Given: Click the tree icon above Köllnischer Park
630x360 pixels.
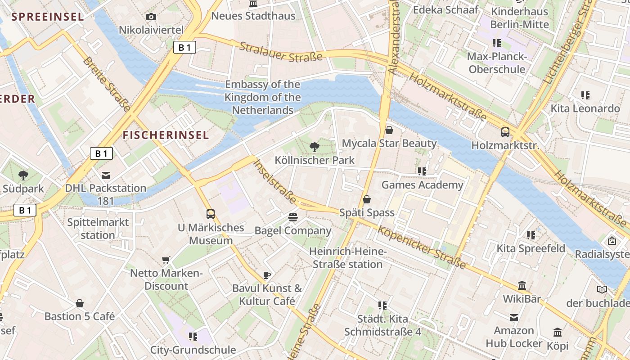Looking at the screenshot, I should point(314,146).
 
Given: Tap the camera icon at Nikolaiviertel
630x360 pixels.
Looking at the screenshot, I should point(151,17).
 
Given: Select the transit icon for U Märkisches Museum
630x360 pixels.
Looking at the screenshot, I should point(210,214).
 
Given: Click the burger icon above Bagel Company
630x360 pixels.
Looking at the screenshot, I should point(293,218).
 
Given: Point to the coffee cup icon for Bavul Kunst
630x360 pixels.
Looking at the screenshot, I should point(267,275).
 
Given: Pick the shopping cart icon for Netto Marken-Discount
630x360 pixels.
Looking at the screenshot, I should point(166,260).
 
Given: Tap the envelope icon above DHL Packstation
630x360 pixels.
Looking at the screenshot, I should point(106,175).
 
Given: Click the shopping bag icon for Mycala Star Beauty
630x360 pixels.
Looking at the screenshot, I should point(389,130).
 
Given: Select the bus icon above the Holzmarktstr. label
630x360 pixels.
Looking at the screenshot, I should point(505,132).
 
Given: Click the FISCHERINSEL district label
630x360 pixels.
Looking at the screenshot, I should point(166,135).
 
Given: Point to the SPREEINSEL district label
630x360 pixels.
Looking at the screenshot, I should point(48,17).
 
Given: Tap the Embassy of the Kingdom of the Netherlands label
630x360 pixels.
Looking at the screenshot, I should point(262,97).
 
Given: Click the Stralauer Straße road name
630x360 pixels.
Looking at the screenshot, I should point(281,52).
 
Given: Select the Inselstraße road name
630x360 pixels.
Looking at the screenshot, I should point(275,181).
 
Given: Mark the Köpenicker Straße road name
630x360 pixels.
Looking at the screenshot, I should point(421,247).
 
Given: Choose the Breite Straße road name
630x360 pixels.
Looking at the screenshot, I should point(107,84).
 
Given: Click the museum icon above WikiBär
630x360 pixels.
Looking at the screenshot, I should point(522,286).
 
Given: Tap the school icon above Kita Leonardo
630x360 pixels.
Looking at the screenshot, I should point(585,95).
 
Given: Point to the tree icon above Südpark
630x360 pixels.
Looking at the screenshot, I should point(23,175).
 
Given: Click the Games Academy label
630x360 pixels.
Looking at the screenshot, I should point(422,185).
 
